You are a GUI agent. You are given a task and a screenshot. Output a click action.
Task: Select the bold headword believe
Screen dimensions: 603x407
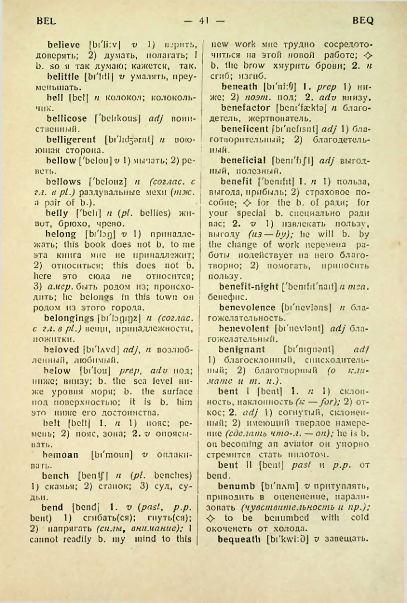66,44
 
